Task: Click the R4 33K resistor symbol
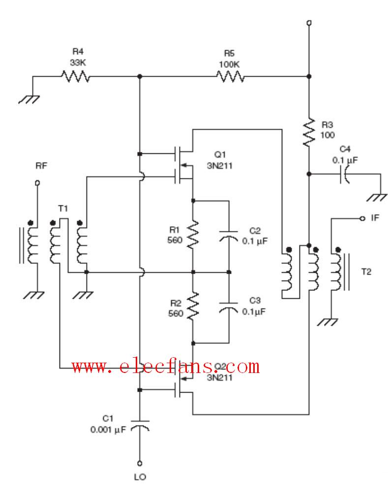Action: (76, 76)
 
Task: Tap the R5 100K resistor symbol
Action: (230, 76)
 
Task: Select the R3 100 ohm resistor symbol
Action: (309, 132)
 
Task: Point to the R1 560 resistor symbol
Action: (193, 234)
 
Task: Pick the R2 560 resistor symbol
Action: (193, 306)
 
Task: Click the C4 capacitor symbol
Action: (344, 174)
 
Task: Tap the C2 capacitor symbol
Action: (229, 235)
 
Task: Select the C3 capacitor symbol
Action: (229, 308)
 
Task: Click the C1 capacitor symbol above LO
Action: (140, 425)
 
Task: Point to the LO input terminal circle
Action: (140, 463)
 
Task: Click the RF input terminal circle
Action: (37, 183)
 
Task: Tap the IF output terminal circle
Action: (362, 218)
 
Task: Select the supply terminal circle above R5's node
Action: (309, 23)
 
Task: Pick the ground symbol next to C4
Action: (377, 197)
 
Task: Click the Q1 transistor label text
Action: (220, 154)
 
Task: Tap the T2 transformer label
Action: (366, 272)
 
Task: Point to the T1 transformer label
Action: (63, 209)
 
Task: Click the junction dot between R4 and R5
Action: (140, 76)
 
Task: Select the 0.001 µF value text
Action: (108, 429)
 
